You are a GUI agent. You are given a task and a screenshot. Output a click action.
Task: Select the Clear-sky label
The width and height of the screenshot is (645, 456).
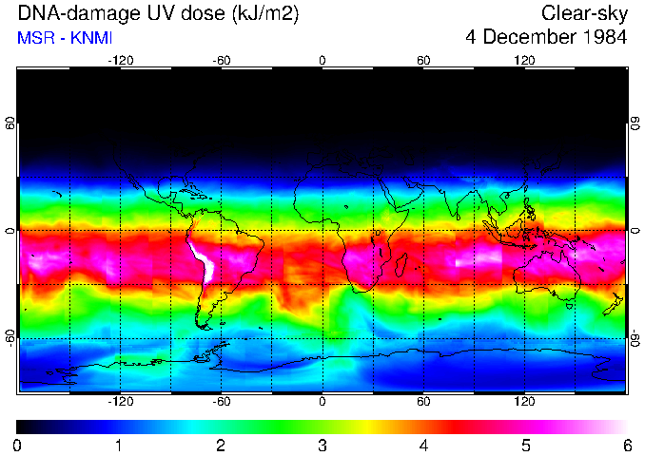pos(584,13)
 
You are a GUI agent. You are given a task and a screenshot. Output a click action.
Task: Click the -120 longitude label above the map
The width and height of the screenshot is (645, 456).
pos(120,60)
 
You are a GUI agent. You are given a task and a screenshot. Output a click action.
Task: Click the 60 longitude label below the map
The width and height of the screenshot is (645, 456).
pos(423,402)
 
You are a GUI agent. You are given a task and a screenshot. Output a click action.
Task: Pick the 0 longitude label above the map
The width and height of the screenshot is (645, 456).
pos(322,60)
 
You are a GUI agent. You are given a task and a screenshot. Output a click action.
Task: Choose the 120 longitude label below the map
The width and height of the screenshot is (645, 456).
pos(524,402)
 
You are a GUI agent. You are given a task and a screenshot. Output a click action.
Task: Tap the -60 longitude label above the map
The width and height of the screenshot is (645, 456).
pos(221,60)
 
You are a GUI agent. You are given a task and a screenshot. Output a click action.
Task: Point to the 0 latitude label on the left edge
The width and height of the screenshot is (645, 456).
pos(10,231)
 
